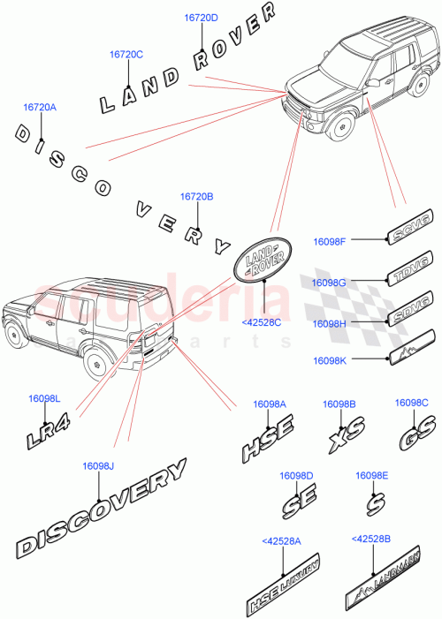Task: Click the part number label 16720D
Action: [202, 17]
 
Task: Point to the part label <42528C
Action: [261, 322]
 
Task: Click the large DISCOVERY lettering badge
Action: [103, 520]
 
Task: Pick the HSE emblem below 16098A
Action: [268, 441]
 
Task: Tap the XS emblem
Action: [346, 438]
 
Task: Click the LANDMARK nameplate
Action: [382, 582]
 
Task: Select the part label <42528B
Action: [370, 539]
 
